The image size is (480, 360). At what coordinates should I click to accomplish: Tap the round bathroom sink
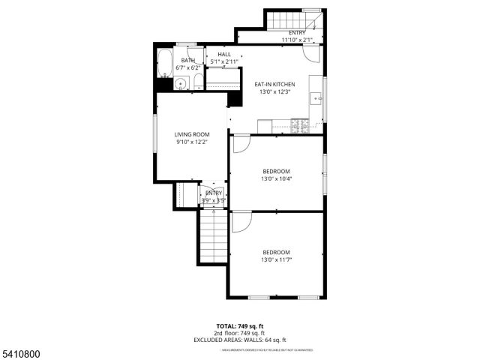coord(180,84)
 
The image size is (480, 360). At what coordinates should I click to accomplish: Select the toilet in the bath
coord(197,81)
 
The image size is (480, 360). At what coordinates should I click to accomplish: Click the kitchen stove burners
coord(300,125)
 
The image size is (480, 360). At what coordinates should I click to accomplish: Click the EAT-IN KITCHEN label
coord(274,84)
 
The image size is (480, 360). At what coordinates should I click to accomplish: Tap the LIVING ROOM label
coord(192,134)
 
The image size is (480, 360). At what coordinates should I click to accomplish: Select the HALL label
coord(224,54)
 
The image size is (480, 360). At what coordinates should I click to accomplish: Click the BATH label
coord(187,61)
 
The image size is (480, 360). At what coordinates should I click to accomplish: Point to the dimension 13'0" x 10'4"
coord(276,178)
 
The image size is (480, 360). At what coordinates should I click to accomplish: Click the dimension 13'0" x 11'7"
coord(276,259)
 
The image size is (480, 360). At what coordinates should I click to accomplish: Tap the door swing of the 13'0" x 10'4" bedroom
coord(241,144)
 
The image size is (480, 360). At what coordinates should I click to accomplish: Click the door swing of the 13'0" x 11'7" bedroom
coord(241,221)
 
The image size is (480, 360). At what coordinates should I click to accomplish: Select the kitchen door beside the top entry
coord(313,54)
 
